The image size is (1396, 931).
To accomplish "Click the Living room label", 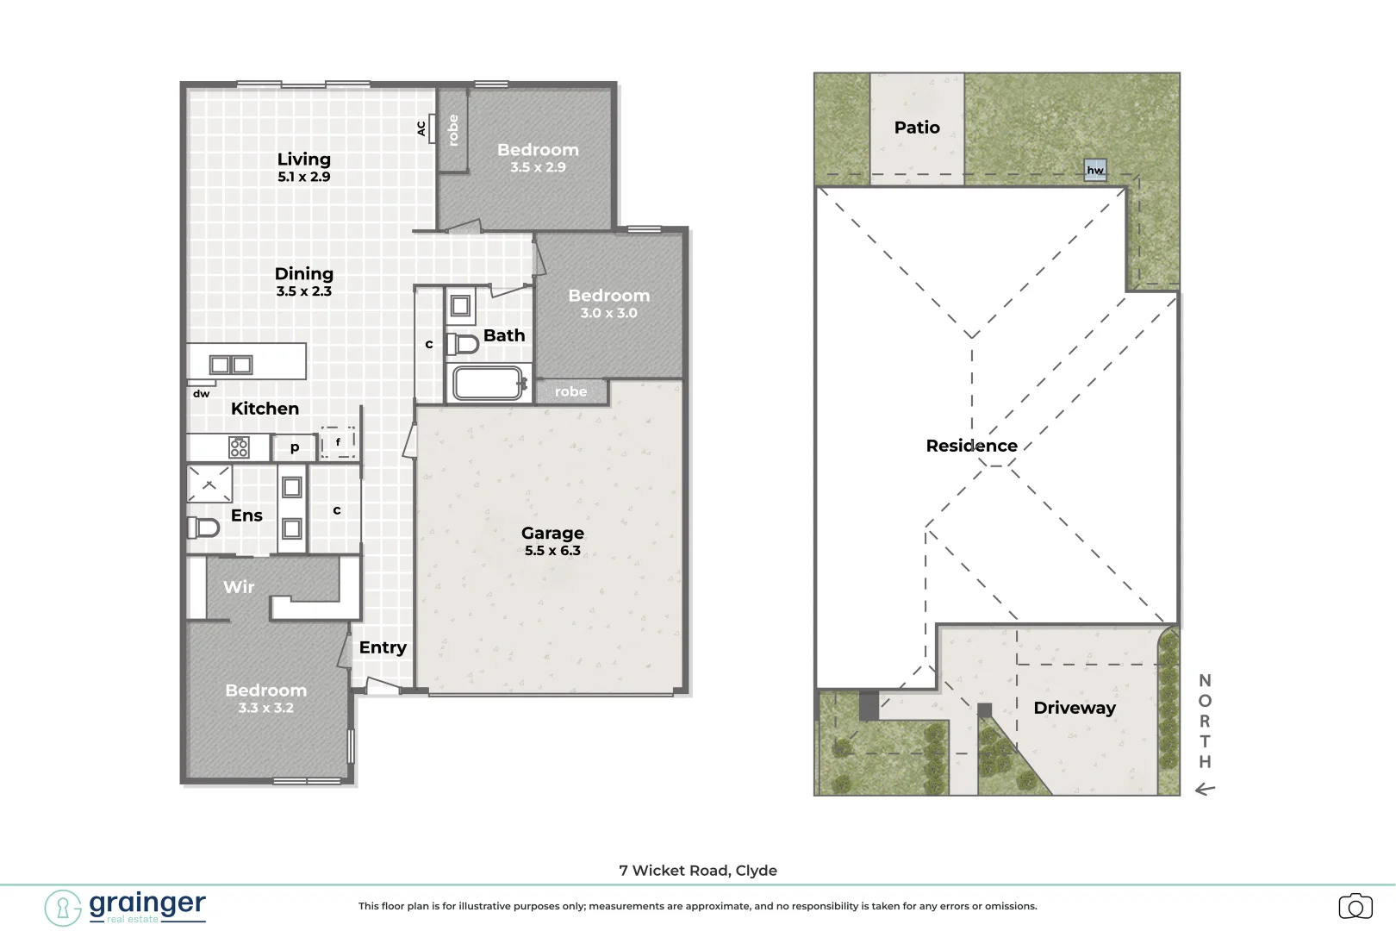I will pyautogui.click(x=303, y=159).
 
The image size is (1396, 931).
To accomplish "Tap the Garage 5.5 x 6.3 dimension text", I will pyautogui.click(x=552, y=551).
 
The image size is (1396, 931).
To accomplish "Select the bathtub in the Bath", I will pyautogui.click(x=488, y=384).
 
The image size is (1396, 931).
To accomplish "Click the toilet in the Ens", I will pyautogui.click(x=203, y=527).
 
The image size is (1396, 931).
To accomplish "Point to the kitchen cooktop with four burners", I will pyautogui.click(x=239, y=447).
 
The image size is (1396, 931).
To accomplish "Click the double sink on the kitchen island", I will pyautogui.click(x=231, y=365).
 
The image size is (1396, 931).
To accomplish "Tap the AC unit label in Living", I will pyautogui.click(x=421, y=128).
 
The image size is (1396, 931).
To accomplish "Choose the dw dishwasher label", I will pyautogui.click(x=201, y=394).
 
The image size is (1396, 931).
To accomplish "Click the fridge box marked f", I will pyautogui.click(x=338, y=441).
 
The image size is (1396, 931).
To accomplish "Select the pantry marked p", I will pyautogui.click(x=295, y=447).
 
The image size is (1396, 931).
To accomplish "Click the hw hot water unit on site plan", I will pyautogui.click(x=1095, y=170).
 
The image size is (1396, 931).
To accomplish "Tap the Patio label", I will pyautogui.click(x=917, y=128).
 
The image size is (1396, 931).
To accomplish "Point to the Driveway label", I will pyautogui.click(x=1075, y=708).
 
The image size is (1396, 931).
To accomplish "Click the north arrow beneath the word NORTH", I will pyautogui.click(x=1205, y=789).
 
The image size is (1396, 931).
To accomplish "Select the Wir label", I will pyautogui.click(x=239, y=587).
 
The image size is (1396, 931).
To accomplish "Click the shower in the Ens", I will pyautogui.click(x=209, y=484).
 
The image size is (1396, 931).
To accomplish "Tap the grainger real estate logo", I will pyautogui.click(x=126, y=907).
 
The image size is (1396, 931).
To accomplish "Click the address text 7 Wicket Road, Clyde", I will pyautogui.click(x=698, y=871).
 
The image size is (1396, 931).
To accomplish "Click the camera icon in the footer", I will pyautogui.click(x=1355, y=907).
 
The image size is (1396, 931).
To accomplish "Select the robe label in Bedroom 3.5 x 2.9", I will pyautogui.click(x=453, y=130).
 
